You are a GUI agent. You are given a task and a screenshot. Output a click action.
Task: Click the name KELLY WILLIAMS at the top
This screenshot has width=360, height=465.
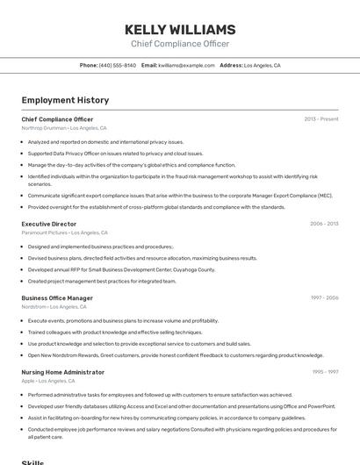(180, 30)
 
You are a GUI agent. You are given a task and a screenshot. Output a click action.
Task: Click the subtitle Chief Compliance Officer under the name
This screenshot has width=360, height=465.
(180, 44)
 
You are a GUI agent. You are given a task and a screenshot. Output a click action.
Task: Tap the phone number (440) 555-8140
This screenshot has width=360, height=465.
(118, 66)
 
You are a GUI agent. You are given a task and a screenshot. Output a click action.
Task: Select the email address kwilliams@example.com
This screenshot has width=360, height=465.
(186, 66)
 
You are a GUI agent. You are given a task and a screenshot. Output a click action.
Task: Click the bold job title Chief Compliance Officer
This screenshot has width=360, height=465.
(57, 119)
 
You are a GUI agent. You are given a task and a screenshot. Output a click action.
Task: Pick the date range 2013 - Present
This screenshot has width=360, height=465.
(321, 119)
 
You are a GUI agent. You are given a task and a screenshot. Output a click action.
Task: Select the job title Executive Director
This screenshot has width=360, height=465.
(49, 224)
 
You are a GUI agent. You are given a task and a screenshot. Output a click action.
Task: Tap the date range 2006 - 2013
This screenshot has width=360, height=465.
(324, 224)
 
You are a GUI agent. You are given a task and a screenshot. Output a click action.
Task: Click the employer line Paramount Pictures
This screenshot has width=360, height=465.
(64, 232)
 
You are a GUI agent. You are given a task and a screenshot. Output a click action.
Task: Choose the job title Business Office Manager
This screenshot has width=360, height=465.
(57, 298)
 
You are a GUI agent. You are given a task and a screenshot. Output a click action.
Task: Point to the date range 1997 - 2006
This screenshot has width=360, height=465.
(324, 298)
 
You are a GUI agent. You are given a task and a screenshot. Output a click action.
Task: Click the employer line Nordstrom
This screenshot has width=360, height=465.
(54, 307)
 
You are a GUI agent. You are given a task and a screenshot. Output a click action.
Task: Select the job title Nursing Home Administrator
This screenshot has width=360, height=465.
(62, 372)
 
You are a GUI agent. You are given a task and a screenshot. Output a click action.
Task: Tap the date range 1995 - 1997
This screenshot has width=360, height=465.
(325, 372)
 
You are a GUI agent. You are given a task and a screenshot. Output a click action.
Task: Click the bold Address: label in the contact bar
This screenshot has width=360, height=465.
(231, 66)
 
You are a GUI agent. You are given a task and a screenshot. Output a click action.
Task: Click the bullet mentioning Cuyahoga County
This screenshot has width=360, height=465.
(121, 270)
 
